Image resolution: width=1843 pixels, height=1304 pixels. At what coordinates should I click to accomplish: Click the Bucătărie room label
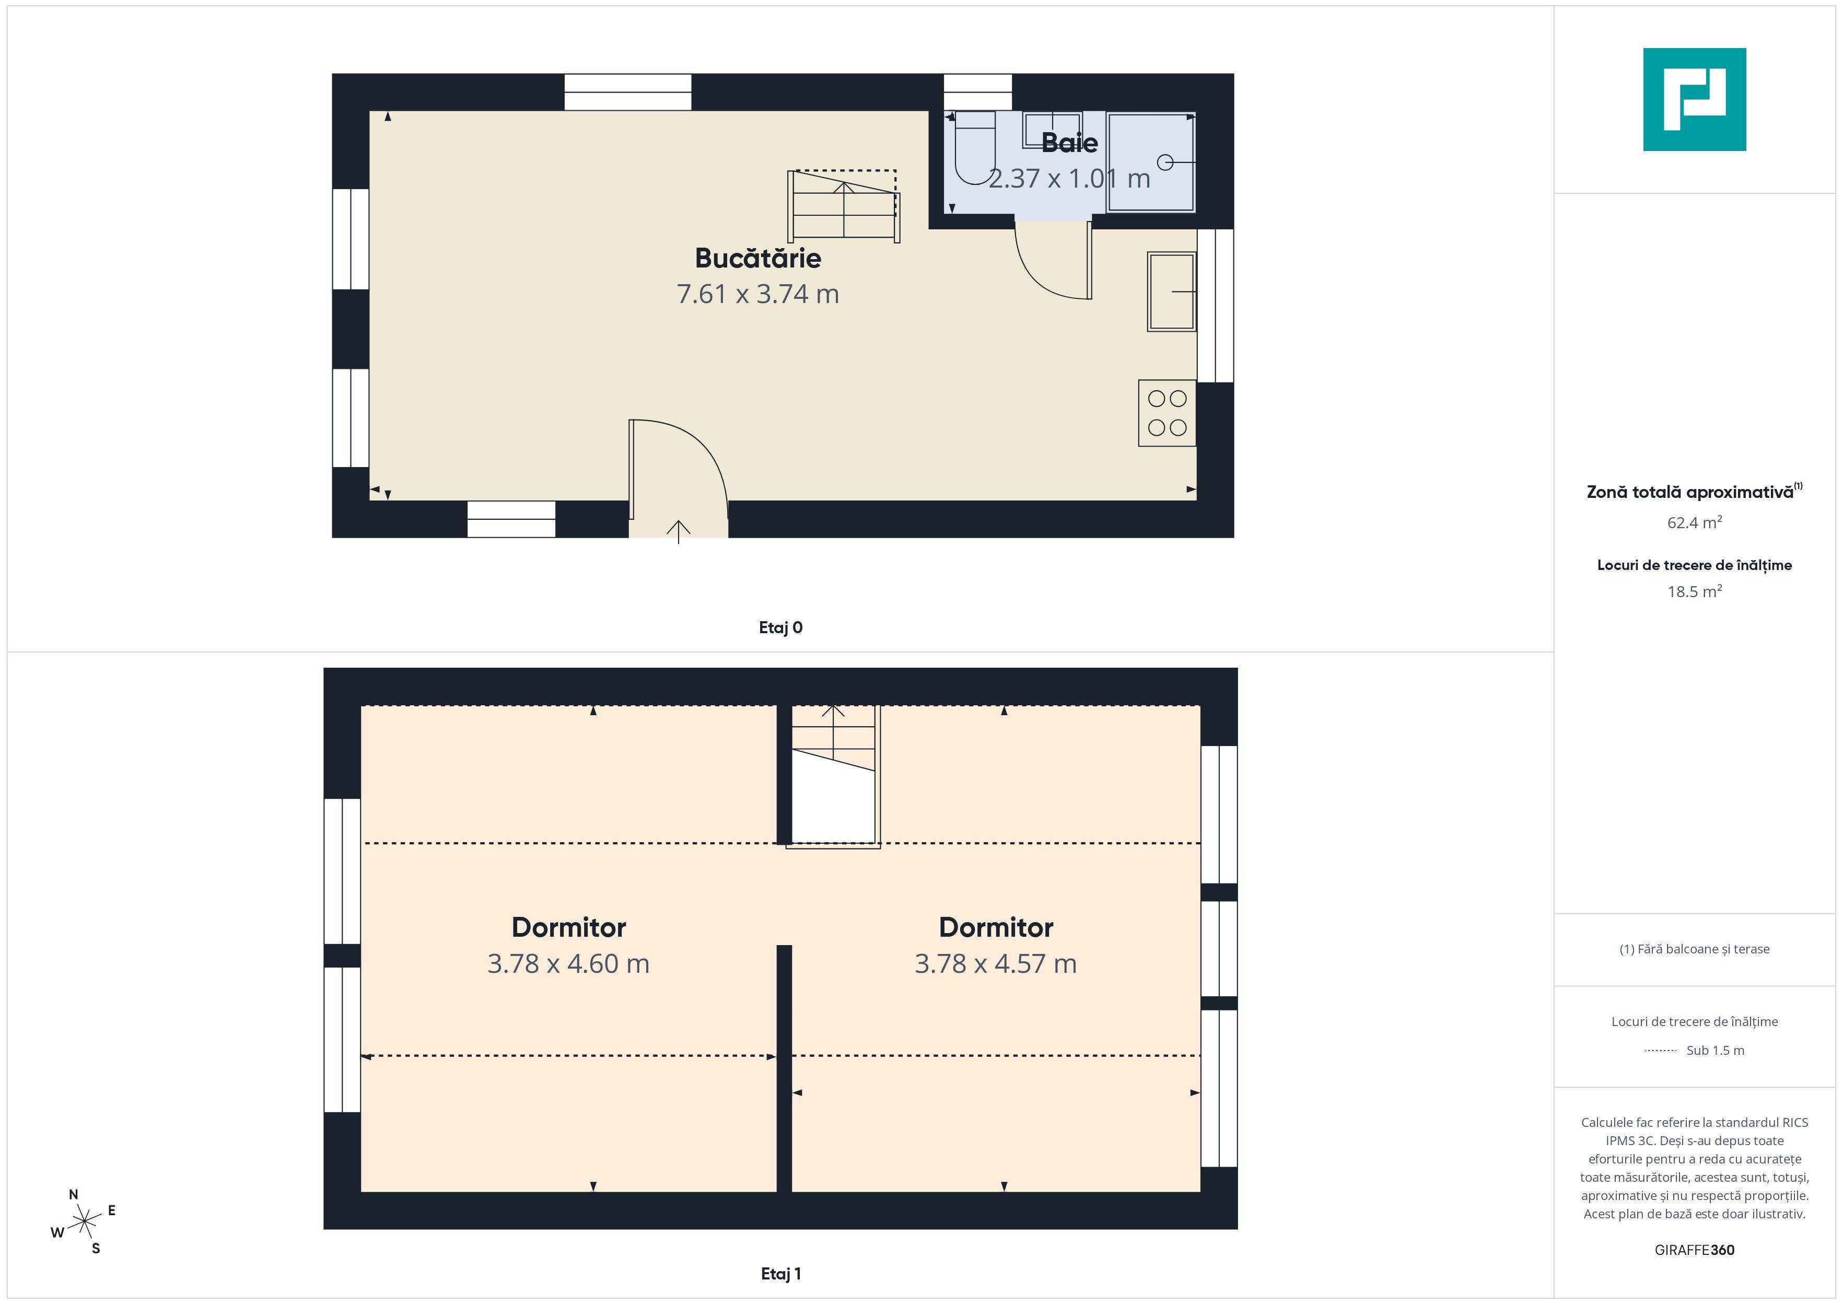point(758,259)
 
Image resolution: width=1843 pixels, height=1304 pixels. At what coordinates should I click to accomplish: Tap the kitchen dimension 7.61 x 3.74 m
point(758,294)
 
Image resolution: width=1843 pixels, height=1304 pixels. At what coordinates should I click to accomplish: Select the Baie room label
point(1069,143)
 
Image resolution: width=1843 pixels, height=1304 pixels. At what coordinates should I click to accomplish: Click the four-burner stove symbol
point(1167,413)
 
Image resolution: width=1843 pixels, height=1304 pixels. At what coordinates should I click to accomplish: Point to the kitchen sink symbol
point(1172,292)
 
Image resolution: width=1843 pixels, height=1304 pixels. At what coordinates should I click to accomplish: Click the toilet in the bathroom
point(973,148)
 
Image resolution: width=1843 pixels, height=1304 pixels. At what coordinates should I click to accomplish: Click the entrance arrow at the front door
point(678,531)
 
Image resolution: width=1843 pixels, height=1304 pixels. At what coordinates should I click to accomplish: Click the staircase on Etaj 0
point(843,205)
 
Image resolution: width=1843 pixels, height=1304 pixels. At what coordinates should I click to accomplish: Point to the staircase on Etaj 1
point(832,776)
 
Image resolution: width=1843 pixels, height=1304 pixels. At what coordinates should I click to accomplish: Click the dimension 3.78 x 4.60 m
point(568,963)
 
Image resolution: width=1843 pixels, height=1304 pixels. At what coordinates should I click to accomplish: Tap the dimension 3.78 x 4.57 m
point(995,963)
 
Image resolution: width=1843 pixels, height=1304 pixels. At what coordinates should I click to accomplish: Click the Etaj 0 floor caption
point(780,628)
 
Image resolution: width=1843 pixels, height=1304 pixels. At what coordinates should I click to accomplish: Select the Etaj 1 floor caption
point(780,1274)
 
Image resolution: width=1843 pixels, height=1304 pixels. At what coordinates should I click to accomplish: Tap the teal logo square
point(1695,100)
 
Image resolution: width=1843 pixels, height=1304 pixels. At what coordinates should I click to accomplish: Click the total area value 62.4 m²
point(1695,523)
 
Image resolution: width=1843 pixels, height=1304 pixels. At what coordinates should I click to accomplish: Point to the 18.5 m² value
point(1695,592)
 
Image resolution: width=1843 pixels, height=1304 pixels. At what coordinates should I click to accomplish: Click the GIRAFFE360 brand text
point(1695,1250)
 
